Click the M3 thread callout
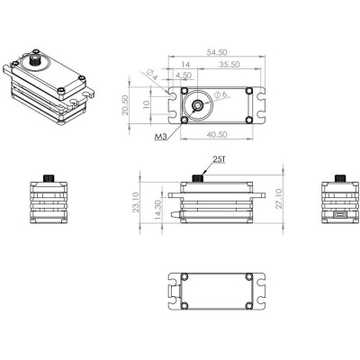tap(160, 139)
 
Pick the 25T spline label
tap(218, 159)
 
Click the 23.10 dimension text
tap(136, 204)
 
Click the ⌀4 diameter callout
tap(154, 76)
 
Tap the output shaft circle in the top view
tap(195, 105)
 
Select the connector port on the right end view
tap(339, 217)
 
